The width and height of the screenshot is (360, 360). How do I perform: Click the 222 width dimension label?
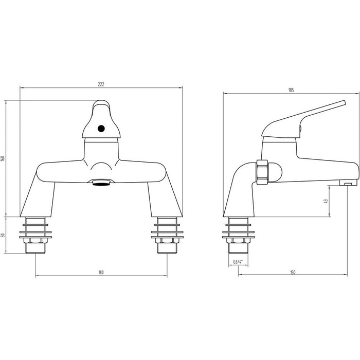[x=101, y=84]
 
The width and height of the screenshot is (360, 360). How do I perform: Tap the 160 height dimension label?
[x=3, y=158]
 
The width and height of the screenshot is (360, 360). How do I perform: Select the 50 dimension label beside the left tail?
[x=3, y=235]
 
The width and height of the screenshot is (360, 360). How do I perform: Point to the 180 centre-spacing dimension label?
[x=101, y=272]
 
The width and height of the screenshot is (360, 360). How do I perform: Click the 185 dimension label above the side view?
[x=291, y=90]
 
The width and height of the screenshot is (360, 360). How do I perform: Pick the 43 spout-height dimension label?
[x=326, y=201]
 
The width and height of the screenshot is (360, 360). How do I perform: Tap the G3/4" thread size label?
[x=238, y=262]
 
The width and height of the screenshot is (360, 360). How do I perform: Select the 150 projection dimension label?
[x=293, y=273]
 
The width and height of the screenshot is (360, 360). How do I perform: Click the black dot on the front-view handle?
[x=101, y=129]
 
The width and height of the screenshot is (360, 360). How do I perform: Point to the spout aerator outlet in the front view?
[x=101, y=183]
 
